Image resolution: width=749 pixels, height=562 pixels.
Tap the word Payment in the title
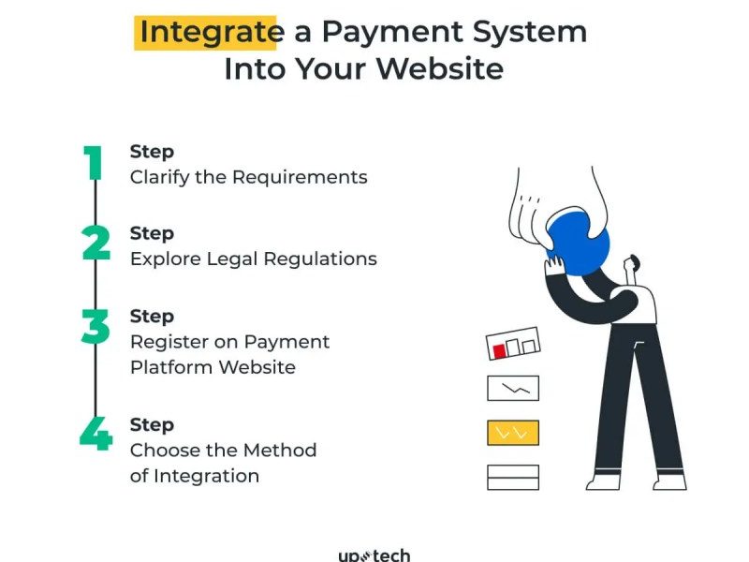click(x=392, y=33)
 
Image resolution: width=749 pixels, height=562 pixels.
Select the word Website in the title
click(x=440, y=68)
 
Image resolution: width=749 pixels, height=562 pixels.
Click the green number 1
click(x=93, y=163)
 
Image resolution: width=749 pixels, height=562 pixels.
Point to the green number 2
click(x=96, y=243)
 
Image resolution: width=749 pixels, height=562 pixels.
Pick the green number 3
click(x=95, y=326)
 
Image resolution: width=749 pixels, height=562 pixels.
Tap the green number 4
click(x=96, y=433)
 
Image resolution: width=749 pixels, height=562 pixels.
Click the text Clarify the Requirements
click(x=248, y=177)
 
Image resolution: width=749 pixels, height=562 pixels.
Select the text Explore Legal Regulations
click(x=253, y=259)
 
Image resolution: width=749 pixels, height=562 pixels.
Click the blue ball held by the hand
click(x=579, y=244)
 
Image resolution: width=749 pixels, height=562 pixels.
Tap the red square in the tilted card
click(x=499, y=351)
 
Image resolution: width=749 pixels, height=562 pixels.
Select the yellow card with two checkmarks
click(x=513, y=433)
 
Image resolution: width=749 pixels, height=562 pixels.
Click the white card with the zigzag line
click(x=513, y=388)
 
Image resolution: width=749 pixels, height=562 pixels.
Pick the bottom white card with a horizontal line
click(x=513, y=478)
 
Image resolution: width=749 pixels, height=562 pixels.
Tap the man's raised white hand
click(x=554, y=266)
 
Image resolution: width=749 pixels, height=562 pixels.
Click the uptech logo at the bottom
click(x=374, y=555)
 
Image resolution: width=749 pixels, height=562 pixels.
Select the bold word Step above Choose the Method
click(x=152, y=425)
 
